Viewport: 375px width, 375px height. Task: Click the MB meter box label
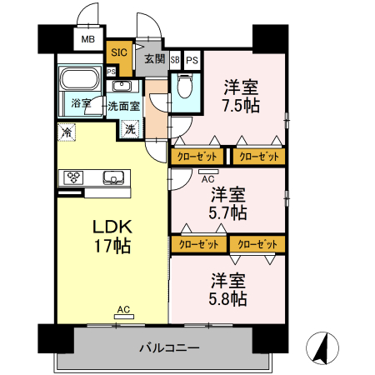87,38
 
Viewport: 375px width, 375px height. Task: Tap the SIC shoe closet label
119,52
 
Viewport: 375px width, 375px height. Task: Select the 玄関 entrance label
153,58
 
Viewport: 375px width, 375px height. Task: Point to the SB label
175,60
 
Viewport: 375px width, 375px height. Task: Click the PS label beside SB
192,60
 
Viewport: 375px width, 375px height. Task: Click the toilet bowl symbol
185,86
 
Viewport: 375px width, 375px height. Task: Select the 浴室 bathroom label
81,104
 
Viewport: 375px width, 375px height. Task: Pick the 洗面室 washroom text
122,106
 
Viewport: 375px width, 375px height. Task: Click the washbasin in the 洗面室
122,87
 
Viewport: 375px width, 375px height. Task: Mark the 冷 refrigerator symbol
66,132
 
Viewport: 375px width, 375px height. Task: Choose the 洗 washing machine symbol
129,128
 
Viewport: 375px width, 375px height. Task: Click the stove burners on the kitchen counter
74,177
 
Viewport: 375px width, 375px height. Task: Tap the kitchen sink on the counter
112,177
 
